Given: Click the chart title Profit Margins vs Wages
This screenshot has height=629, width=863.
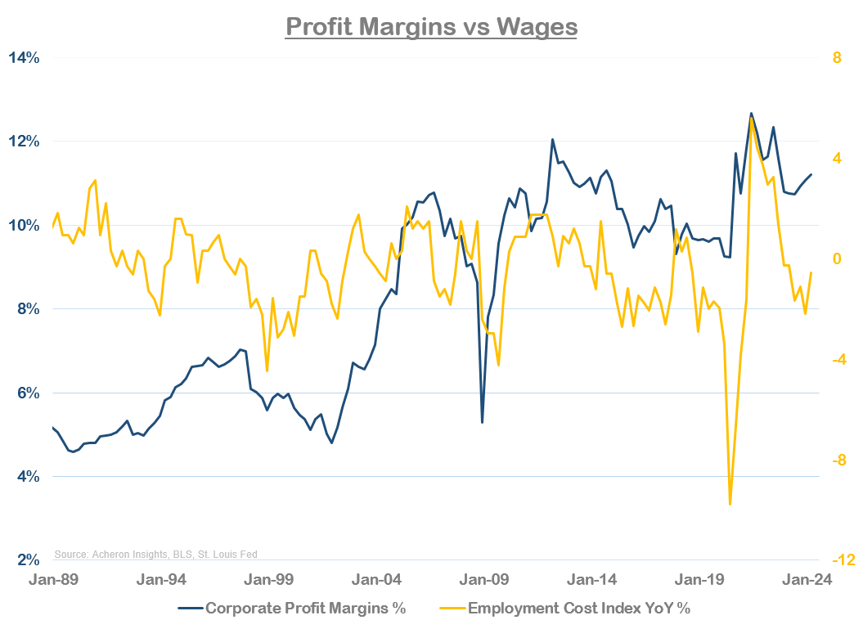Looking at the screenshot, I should click(431, 26).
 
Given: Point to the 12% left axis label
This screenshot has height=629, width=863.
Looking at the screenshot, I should click(24, 142).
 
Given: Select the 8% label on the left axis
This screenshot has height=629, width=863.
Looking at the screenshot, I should click(27, 309).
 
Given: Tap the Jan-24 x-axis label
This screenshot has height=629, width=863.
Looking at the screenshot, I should click(807, 579).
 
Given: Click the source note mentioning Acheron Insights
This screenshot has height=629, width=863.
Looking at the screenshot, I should click(155, 555).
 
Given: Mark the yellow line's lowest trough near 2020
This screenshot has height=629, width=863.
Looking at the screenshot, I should click(730, 504).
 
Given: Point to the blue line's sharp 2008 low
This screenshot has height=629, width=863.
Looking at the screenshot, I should click(482, 422).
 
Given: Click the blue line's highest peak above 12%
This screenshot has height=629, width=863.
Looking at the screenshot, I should click(751, 114).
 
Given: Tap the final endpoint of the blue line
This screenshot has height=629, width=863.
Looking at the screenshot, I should click(811, 174).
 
